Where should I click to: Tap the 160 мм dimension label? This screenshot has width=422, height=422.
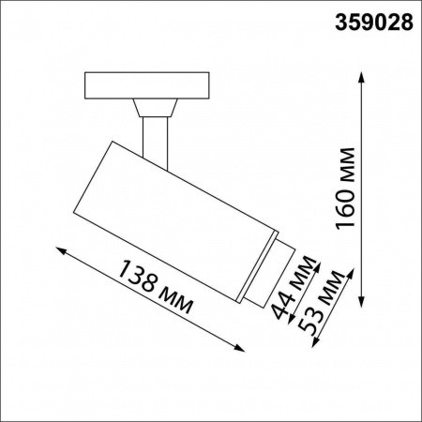tap(344, 188)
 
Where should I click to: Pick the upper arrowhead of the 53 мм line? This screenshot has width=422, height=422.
tap(352, 269)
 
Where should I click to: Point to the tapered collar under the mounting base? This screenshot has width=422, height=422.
tap(154, 107)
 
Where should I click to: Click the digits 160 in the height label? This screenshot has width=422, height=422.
tap(344, 206)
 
